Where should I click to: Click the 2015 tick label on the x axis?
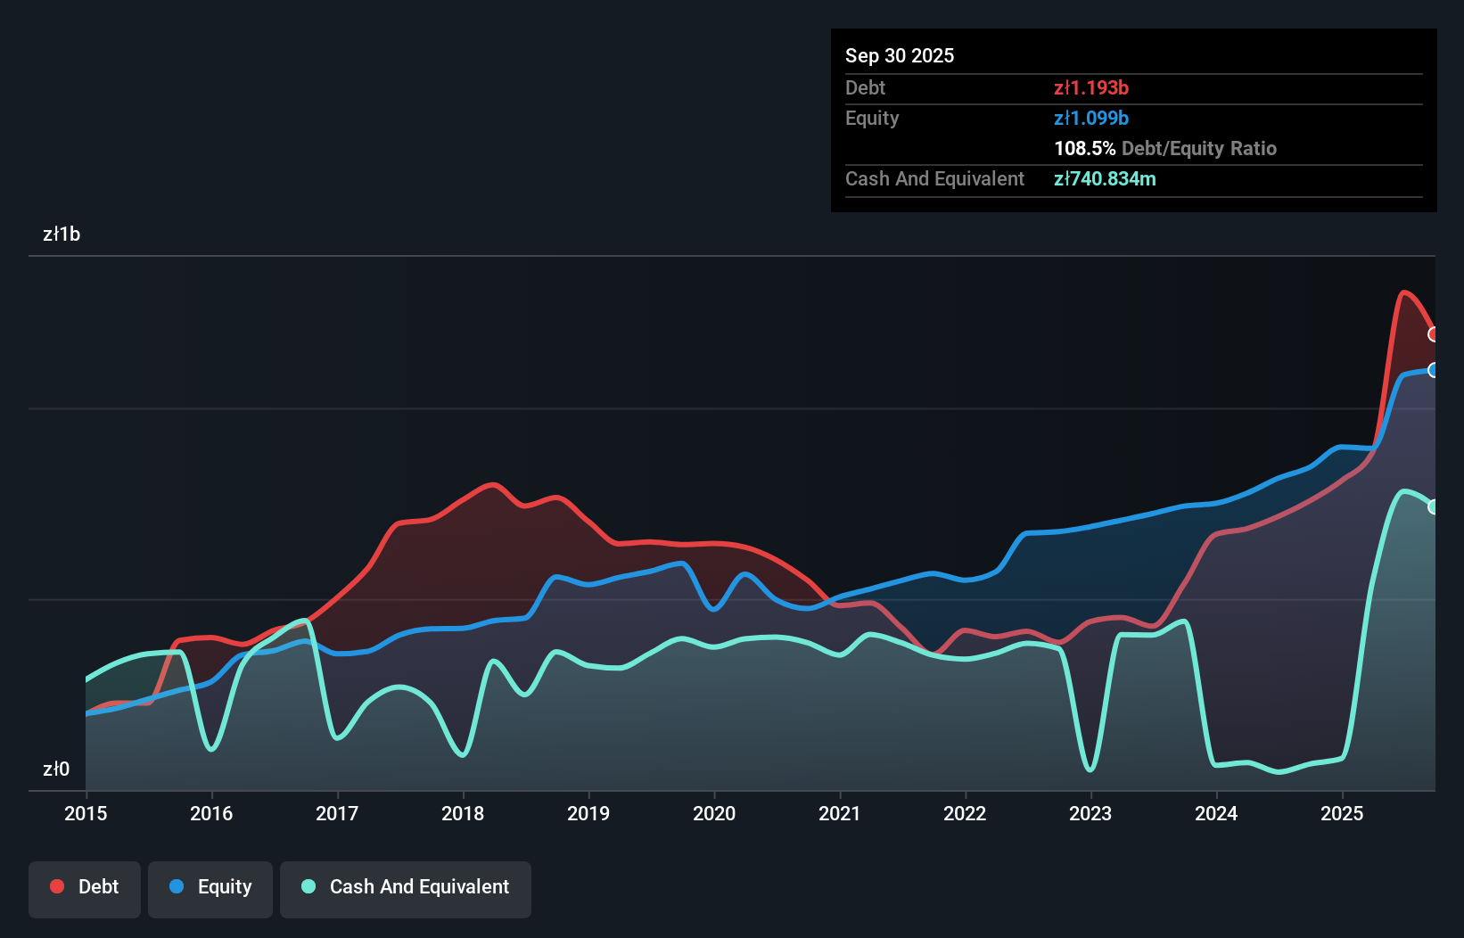[x=86, y=813]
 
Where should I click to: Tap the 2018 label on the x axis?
[x=463, y=813]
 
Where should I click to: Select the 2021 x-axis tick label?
[x=840, y=813]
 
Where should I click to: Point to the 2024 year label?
[x=1216, y=813]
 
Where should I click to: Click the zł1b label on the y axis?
[x=62, y=234]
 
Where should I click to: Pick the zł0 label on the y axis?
[x=56, y=769]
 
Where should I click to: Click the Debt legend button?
[x=85, y=887]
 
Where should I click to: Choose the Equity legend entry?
[x=210, y=887]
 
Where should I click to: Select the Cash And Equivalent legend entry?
[x=406, y=887]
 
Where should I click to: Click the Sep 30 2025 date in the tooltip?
[x=900, y=55]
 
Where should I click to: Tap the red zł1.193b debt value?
[x=1091, y=87]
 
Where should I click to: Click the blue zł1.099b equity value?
[x=1091, y=118]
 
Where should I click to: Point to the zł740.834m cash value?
[x=1105, y=178]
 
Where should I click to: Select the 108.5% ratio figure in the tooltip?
[x=1084, y=148]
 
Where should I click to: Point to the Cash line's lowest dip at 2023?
[x=1090, y=769]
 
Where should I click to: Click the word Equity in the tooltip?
[x=872, y=118]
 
